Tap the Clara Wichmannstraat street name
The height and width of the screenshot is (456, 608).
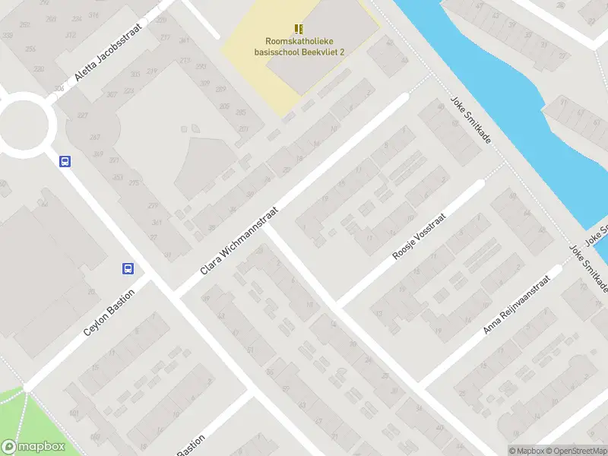[240, 240]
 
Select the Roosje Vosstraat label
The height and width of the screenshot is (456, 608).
[418, 237]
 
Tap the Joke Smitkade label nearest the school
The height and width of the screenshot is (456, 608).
[471, 122]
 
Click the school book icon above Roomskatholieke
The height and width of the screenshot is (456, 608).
[299, 29]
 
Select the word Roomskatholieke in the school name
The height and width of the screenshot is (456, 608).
[299, 42]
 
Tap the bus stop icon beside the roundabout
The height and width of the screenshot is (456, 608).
[65, 161]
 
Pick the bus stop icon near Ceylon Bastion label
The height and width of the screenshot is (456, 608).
[128, 268]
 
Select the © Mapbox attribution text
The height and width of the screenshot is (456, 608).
[526, 451]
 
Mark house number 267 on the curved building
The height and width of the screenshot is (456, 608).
[95, 138]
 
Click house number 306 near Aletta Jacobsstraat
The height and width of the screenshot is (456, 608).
[59, 90]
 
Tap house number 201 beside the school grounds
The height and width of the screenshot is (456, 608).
[243, 129]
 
